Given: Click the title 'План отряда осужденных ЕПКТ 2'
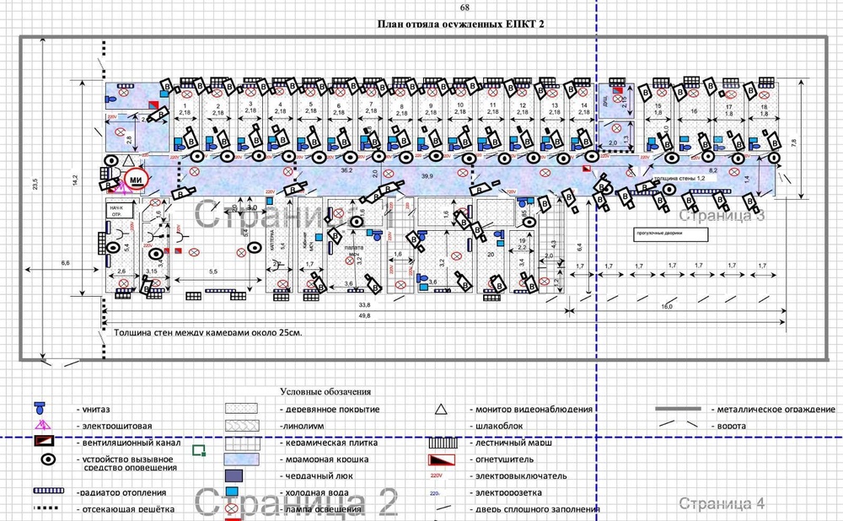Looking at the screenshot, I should (x=460, y=24).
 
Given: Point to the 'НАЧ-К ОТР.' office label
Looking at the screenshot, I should (x=115, y=211).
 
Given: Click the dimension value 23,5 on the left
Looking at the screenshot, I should (x=36, y=185).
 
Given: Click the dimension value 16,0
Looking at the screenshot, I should (x=666, y=307).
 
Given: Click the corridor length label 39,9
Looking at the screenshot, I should (x=427, y=176).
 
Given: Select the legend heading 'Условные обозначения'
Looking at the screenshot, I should (x=325, y=392).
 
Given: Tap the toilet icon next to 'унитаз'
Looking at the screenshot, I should (x=40, y=407).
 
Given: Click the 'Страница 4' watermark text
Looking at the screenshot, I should (x=722, y=504).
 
